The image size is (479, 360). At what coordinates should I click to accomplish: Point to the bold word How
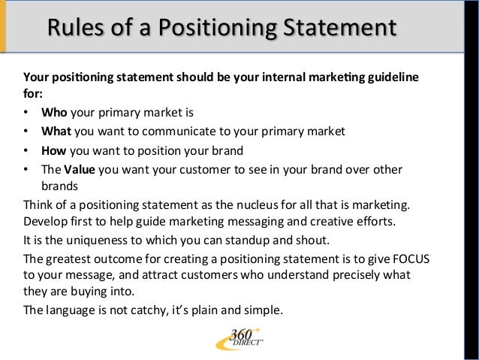(53, 149)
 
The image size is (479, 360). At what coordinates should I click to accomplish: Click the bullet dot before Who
(27, 114)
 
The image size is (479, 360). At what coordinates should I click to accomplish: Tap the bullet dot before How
(27, 149)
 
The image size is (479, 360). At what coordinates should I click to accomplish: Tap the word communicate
(170, 132)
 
